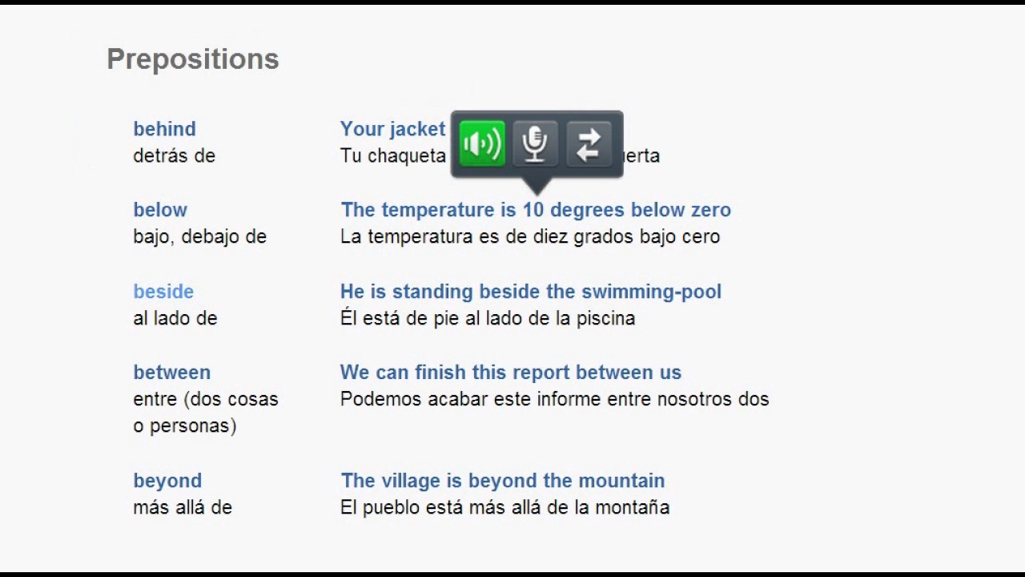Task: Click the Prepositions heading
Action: click(192, 59)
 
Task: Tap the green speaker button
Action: click(482, 144)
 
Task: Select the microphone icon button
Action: click(535, 144)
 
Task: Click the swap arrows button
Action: click(589, 144)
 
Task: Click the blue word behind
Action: click(164, 129)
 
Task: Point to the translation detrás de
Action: click(174, 155)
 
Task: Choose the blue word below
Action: click(160, 210)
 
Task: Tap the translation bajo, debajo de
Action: click(199, 236)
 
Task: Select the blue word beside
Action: click(163, 292)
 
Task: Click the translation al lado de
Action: click(175, 318)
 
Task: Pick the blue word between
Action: click(171, 373)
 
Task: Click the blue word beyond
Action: click(167, 481)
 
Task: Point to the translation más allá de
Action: click(183, 507)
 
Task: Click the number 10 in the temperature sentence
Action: click(533, 210)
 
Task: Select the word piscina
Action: click(605, 318)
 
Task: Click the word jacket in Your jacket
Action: click(416, 129)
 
